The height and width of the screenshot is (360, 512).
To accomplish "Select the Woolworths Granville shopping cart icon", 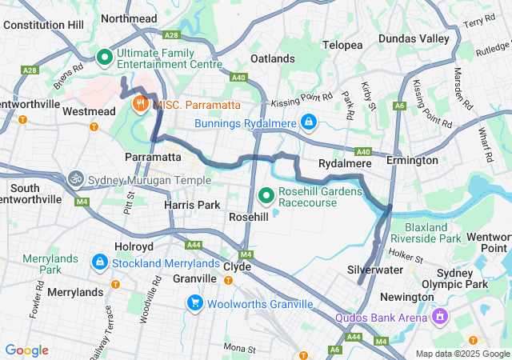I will pyautogui.click(x=195, y=303).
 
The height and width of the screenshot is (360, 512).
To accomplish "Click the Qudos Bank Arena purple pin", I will pyautogui.click(x=438, y=317).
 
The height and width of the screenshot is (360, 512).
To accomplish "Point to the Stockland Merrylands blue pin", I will pyautogui.click(x=100, y=262).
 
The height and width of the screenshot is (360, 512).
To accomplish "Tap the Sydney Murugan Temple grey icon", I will pyautogui.click(x=76, y=178).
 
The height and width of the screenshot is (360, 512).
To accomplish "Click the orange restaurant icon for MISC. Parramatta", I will pyautogui.click(x=140, y=103).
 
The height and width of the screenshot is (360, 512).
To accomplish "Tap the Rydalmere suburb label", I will pyautogui.click(x=342, y=163).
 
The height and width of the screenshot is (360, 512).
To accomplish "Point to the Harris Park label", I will pyautogui.click(x=192, y=206).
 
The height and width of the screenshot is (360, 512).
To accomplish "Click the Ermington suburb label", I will pyautogui.click(x=412, y=160).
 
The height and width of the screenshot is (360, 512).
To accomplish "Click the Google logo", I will pyautogui.click(x=26, y=350).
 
